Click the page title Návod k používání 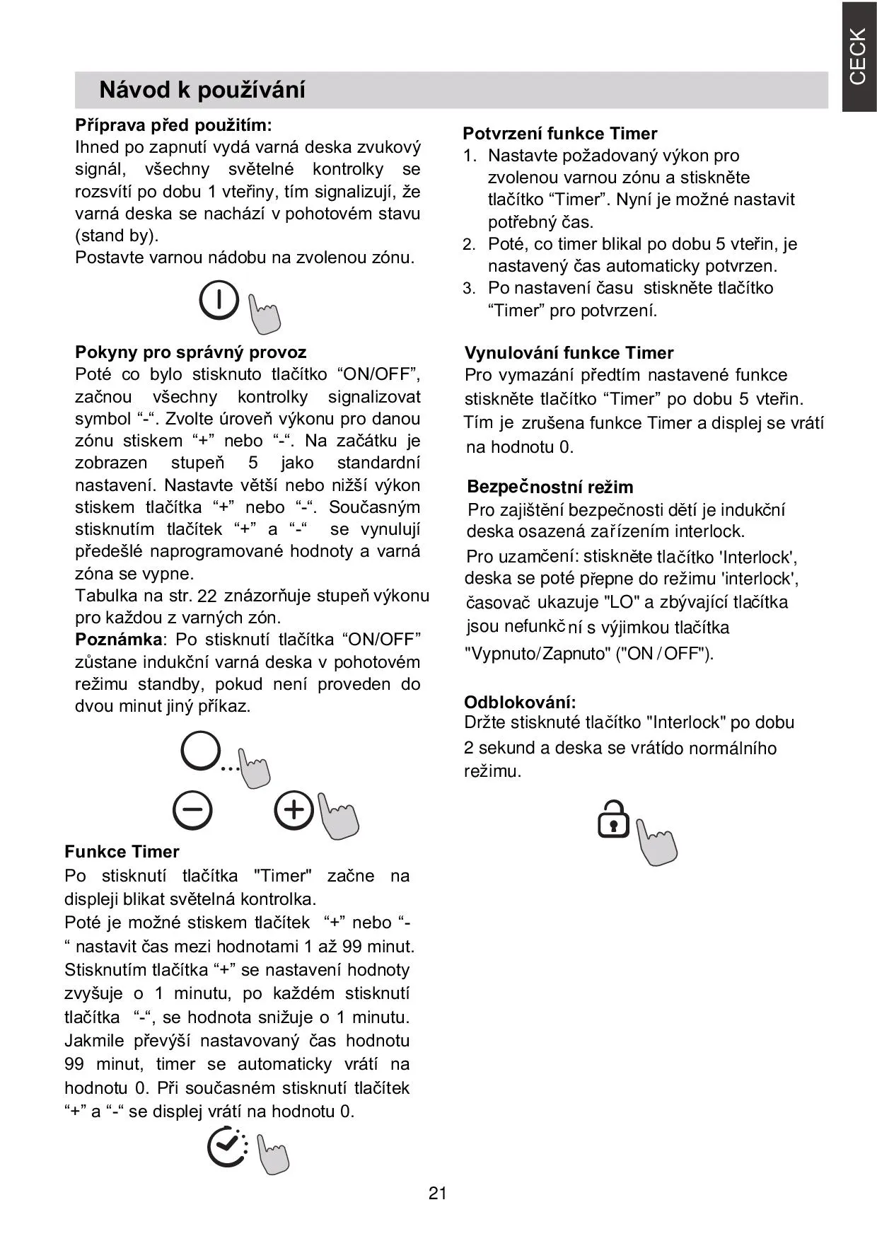202,90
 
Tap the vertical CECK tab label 858,57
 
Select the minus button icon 192,810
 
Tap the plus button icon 294,809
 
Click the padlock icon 613,820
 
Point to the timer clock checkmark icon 227,1147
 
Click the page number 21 438,1194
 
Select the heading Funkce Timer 122,851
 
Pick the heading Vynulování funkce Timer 569,353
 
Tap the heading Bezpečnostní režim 550,487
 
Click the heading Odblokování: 520,702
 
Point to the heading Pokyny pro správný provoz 191,352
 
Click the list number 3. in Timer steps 470,288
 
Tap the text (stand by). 117,235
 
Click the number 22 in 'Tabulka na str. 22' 207,596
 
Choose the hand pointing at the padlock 656,842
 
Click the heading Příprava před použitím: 173,125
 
